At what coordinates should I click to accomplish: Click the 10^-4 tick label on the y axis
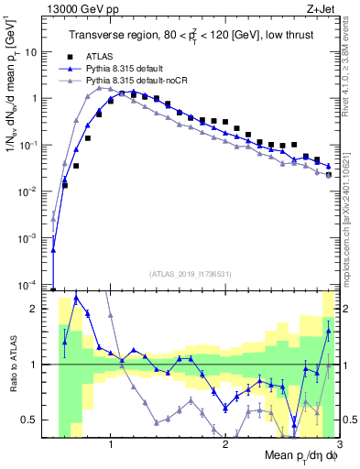pos(29,284)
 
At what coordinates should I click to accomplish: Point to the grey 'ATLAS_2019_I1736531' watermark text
pos(191,274)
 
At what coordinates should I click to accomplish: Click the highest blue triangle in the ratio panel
pos(76,299)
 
